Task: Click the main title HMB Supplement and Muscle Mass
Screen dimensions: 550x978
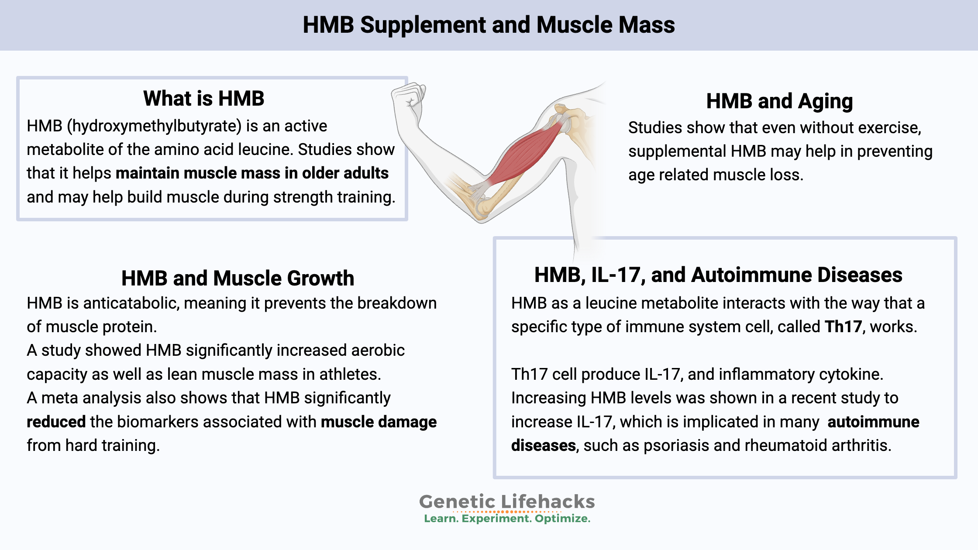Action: pyautogui.click(x=489, y=25)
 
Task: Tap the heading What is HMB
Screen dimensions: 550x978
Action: pyautogui.click(x=203, y=99)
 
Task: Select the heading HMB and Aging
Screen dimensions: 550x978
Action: pyautogui.click(x=779, y=101)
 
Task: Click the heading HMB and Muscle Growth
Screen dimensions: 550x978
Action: pyautogui.click(x=238, y=278)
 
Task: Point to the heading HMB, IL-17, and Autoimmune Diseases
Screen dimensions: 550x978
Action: pyautogui.click(x=718, y=275)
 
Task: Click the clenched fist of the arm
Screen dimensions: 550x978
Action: pyautogui.click(x=409, y=100)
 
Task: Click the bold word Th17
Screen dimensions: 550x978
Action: pyautogui.click(x=843, y=327)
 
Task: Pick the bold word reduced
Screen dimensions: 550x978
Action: pyautogui.click(x=56, y=422)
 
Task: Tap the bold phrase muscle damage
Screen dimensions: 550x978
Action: pyautogui.click(x=379, y=422)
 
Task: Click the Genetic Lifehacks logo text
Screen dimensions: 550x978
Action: pyautogui.click(x=507, y=502)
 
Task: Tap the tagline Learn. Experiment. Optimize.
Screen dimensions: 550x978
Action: pyautogui.click(x=507, y=519)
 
